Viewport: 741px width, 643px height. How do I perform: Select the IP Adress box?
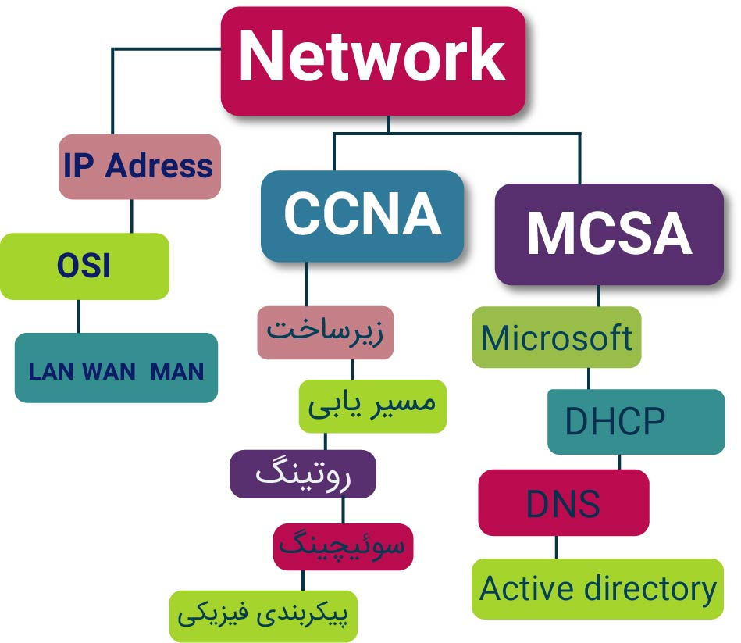click(139, 166)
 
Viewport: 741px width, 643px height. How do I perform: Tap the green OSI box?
click(84, 266)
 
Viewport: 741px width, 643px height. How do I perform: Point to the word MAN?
click(177, 371)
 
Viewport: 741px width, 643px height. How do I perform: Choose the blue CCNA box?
click(362, 215)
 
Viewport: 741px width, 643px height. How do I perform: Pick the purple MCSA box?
click(609, 234)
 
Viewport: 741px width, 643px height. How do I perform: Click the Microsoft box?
click(556, 338)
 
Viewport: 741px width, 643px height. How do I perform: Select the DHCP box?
click(635, 422)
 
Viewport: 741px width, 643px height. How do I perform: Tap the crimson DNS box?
click(563, 503)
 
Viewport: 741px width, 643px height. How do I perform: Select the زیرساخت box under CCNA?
click(325, 331)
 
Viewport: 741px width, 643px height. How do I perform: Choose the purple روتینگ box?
click(303, 474)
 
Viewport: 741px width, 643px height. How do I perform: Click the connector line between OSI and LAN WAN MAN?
click(78, 316)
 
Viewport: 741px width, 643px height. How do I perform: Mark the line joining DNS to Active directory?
click(556, 547)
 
